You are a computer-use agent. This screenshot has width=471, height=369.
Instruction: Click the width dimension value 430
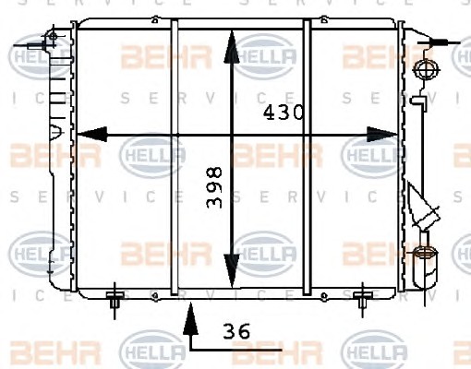point(284,112)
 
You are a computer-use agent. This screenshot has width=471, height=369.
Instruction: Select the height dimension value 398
point(214,187)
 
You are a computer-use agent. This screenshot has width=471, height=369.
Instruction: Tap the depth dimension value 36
point(236,331)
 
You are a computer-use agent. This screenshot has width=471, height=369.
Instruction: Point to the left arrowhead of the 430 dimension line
point(91,135)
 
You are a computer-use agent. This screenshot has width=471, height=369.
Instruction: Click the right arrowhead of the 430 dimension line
point(381,135)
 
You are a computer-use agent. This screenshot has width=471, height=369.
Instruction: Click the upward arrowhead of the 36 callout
point(190,318)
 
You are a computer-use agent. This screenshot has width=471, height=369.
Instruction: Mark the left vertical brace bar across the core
point(175,158)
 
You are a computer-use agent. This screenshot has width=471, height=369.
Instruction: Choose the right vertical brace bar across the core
point(307,158)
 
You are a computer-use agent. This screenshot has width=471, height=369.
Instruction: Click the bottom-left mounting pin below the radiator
point(115,300)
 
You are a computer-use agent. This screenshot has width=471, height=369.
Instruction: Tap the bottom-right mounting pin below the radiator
point(363,300)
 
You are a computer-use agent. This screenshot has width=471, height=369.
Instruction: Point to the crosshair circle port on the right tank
point(427,70)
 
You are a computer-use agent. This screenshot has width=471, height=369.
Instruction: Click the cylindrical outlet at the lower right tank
point(426,266)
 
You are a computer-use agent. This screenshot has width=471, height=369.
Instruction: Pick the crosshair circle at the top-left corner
point(53,36)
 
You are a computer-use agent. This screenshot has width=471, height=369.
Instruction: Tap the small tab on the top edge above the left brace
point(155,19)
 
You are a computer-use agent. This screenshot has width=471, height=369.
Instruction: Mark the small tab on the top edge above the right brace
point(323,19)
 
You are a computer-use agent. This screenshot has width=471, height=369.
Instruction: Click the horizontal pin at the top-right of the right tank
point(439,42)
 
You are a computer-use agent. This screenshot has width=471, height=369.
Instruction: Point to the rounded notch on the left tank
point(55,131)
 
